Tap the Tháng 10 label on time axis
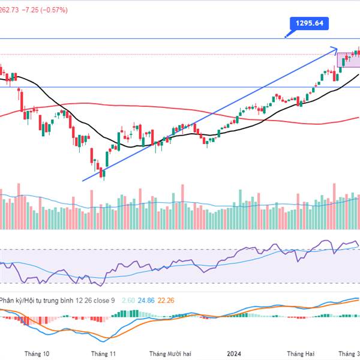(37, 354)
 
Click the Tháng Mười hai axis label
(171, 354)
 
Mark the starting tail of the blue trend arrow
(83, 179)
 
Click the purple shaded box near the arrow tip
(347, 60)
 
